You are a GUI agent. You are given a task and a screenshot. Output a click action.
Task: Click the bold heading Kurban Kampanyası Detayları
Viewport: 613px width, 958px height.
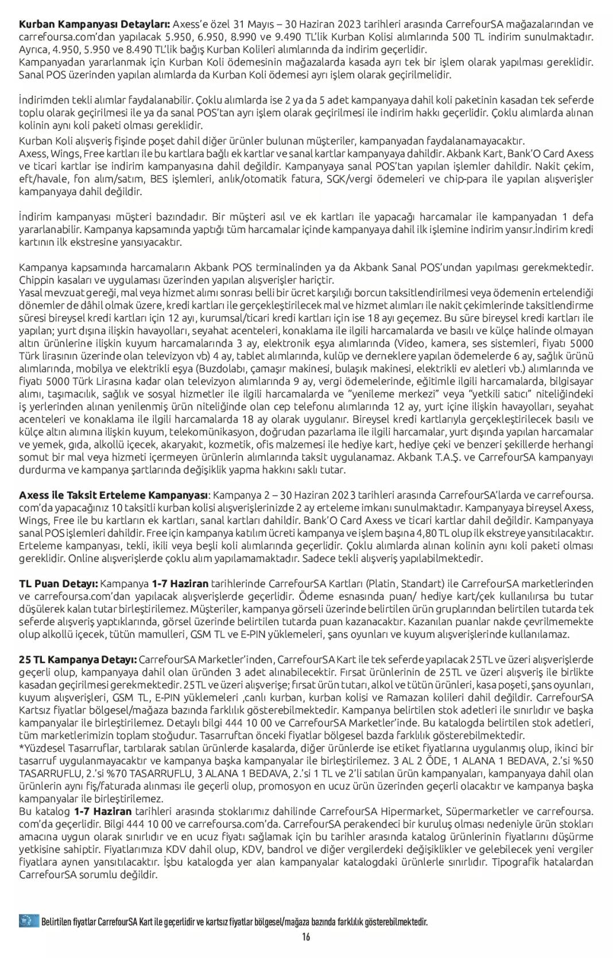(x=94, y=25)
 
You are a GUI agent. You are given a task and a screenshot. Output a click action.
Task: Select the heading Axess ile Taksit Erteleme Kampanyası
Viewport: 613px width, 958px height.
(x=114, y=495)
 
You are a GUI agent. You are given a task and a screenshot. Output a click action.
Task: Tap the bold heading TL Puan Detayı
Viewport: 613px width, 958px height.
(x=58, y=584)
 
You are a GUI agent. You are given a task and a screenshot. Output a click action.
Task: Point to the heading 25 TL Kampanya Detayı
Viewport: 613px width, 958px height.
(x=77, y=660)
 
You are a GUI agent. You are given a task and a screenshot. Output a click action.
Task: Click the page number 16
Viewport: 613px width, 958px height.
(x=306, y=937)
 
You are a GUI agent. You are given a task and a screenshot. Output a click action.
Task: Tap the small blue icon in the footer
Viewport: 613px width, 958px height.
(x=28, y=922)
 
